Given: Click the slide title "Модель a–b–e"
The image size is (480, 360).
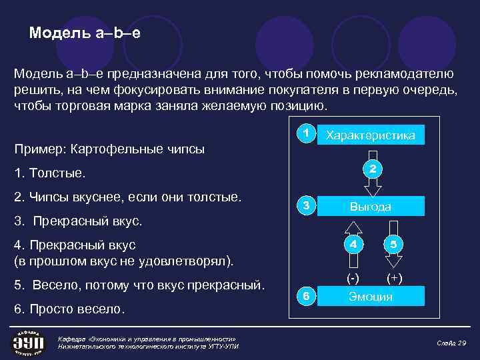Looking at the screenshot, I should (85, 33).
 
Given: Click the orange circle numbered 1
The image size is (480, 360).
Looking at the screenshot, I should (305, 133).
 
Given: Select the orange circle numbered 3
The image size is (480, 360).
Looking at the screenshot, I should (305, 205).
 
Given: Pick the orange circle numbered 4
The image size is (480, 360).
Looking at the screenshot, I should (354, 244).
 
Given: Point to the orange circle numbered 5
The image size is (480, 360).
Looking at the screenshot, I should (393, 244).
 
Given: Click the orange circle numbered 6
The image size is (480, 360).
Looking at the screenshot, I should (305, 296).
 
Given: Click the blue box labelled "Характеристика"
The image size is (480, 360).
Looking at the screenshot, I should (370, 135).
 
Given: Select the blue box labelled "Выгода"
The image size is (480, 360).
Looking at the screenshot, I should (370, 207).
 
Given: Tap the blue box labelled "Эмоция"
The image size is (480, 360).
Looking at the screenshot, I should (370, 297).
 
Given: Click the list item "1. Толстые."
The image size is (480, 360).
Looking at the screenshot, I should (51, 173).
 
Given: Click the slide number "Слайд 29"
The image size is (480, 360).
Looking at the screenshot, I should (451, 343).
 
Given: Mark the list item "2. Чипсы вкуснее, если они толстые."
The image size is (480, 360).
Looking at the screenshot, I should (128, 197).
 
